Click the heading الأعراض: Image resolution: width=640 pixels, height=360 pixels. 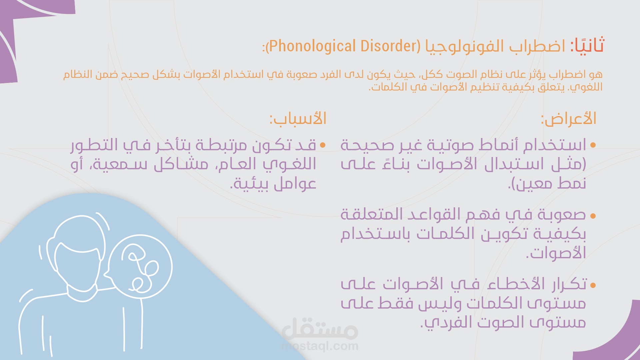tap(568, 118)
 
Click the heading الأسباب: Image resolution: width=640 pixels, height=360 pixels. tap(298, 118)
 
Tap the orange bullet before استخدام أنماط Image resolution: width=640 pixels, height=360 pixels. tap(593, 145)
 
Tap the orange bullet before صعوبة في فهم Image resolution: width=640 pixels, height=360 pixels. tap(593, 216)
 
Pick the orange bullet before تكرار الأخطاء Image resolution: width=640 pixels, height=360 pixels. tap(593, 285)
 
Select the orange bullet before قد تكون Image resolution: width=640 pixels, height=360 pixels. tap(322, 145)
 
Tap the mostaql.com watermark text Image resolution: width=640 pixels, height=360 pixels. tap(320, 346)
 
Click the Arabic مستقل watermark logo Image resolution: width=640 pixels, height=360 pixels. tap(320, 328)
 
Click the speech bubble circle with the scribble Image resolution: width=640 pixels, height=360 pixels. tap(140, 267)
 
